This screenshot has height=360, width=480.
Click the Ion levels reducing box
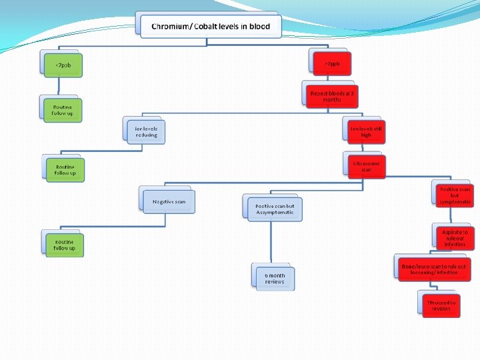pos(146,131)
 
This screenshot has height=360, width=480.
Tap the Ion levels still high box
pos(367,131)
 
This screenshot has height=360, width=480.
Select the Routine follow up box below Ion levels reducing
pos(65,170)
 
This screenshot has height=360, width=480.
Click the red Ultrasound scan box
pos(367,166)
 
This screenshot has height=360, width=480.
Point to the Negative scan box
pos(169,201)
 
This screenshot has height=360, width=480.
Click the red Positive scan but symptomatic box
pos(454,195)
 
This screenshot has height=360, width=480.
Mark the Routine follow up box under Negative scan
pos(65,245)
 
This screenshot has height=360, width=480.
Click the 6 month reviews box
pos(275,278)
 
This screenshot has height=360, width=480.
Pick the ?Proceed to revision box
pos(441,305)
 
